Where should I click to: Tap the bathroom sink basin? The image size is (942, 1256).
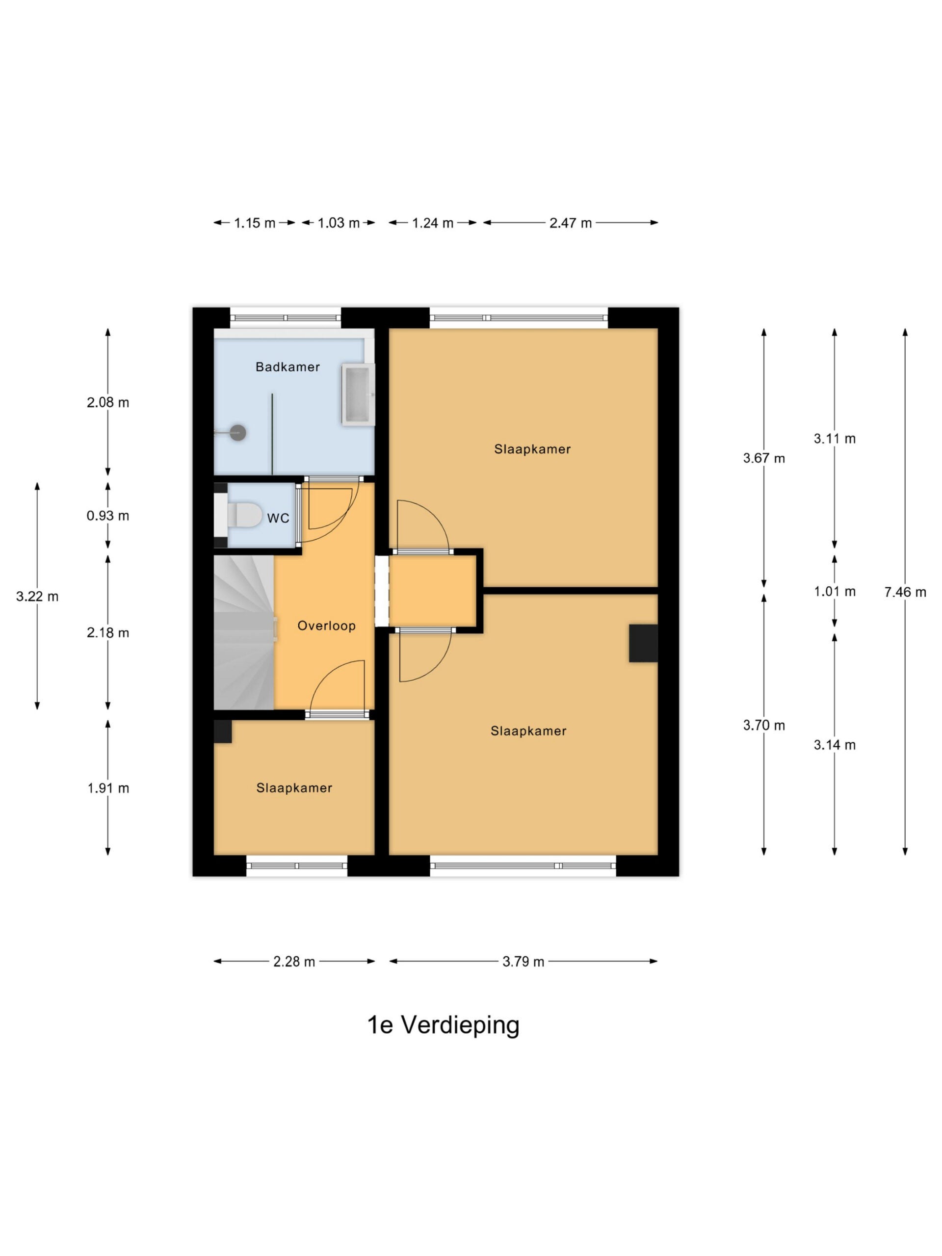(358, 394)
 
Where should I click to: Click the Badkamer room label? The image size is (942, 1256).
(288, 367)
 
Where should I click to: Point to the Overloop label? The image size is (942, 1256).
(326, 626)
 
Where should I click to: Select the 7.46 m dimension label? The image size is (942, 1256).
(905, 592)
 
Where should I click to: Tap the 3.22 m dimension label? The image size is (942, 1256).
(37, 596)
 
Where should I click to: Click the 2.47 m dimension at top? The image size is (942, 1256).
(571, 223)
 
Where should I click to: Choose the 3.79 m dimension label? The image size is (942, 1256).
(523, 961)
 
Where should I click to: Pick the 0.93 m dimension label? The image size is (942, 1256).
(108, 516)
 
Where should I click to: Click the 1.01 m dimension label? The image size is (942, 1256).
(835, 592)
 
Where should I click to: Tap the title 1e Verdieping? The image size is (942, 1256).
(444, 1025)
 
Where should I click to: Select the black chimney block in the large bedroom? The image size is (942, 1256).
(643, 643)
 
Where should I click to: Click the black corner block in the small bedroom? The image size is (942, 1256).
(223, 732)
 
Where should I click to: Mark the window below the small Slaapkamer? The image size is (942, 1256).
(297, 866)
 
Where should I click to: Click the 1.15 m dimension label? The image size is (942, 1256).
(254, 223)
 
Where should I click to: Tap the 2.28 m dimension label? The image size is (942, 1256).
(294, 961)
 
